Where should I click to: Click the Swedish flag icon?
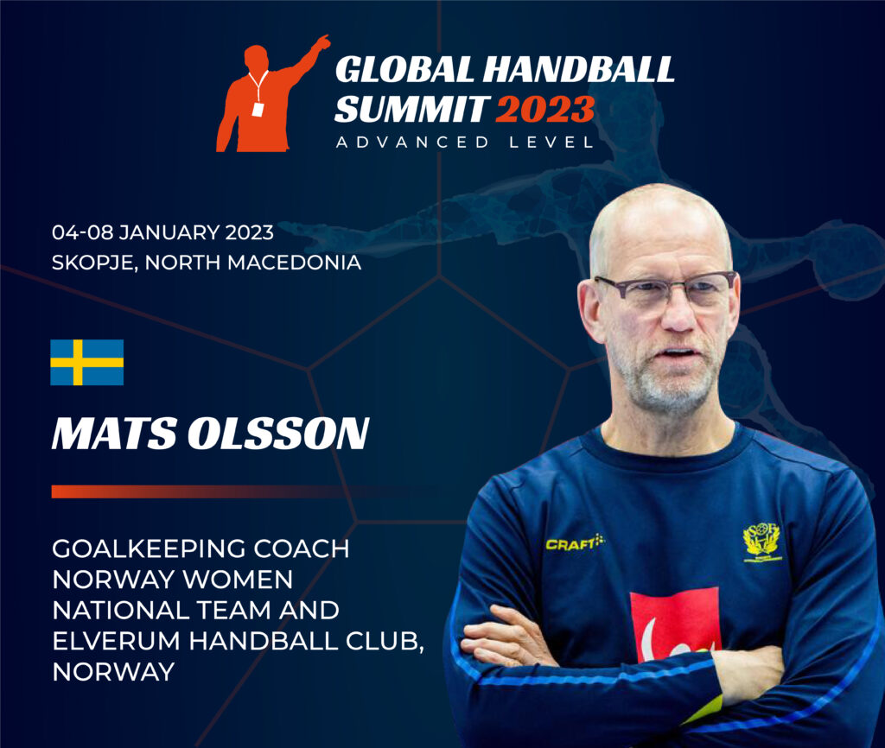(87, 362)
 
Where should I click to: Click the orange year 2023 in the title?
(545, 110)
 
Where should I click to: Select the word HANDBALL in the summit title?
(578, 69)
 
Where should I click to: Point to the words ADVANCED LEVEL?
(465, 143)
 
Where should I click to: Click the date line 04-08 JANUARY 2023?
(162, 232)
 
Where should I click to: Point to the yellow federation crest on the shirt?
(762, 542)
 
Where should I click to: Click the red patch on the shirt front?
(675, 624)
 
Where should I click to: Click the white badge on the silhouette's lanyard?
(258, 110)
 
